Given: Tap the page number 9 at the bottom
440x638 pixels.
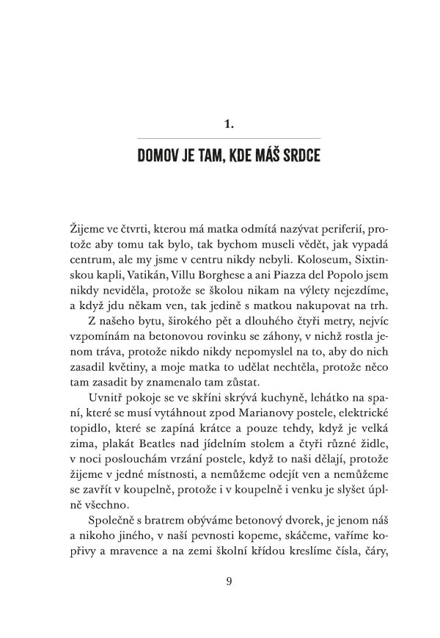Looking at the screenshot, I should point(230,583).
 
